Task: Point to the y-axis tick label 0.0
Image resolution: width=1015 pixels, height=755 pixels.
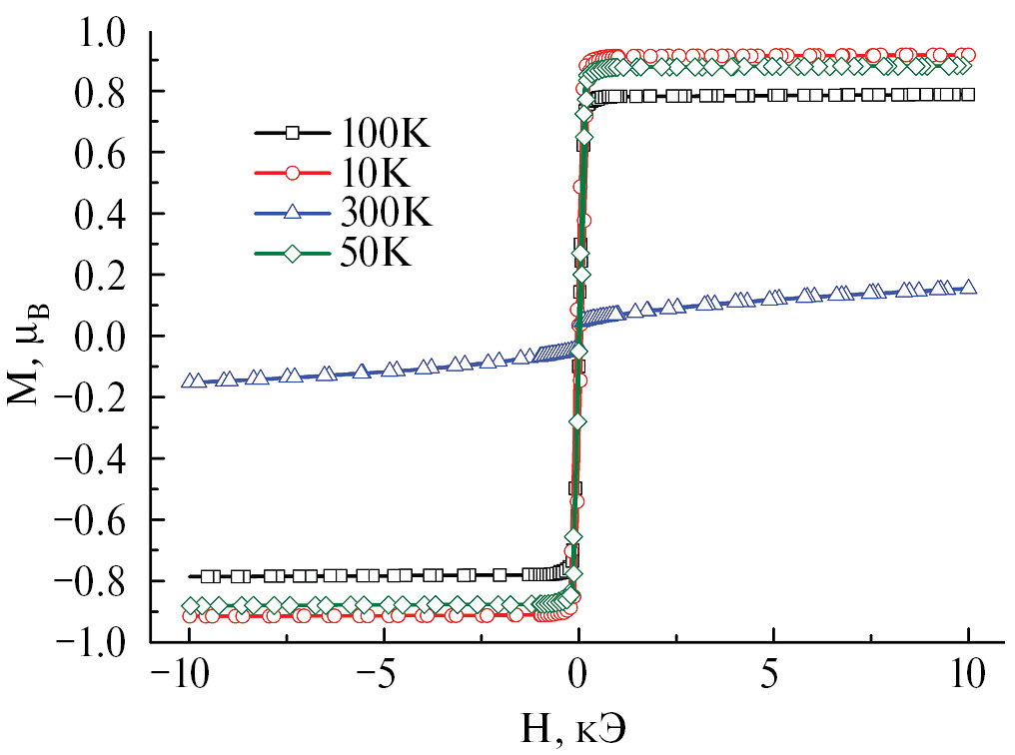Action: (100, 337)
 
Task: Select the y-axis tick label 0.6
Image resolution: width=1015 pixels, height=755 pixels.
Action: (100, 153)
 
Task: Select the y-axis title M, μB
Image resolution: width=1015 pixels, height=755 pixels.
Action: (28, 337)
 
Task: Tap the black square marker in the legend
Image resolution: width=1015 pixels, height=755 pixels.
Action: (293, 133)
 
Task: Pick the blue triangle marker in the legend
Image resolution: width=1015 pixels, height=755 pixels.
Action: (293, 213)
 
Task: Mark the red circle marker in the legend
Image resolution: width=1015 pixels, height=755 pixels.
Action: (293, 173)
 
